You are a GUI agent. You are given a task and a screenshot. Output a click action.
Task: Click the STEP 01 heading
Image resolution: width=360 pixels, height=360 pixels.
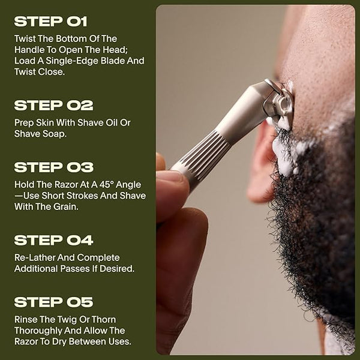[51, 22]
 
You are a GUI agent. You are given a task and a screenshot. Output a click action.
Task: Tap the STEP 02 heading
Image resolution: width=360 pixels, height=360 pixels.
[54, 105]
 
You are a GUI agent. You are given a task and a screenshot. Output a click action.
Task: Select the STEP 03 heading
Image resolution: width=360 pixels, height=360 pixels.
[54, 167]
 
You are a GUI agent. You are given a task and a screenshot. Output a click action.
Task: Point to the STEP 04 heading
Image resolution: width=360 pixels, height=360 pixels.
[54, 240]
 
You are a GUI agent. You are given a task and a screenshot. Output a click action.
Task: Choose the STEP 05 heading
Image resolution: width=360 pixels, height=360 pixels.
[54, 302]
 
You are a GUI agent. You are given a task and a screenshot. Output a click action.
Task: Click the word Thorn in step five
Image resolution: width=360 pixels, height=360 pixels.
[104, 319]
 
